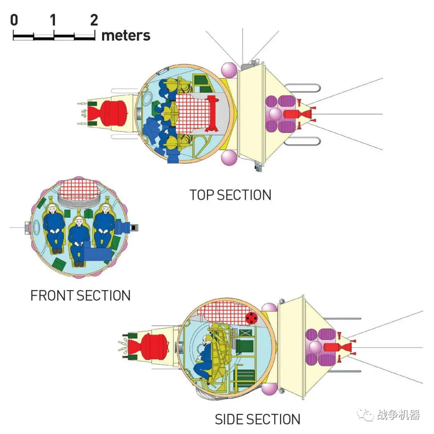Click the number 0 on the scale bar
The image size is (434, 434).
(x=14, y=20)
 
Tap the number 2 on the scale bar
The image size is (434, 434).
(x=94, y=20)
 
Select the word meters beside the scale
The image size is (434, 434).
(x=126, y=35)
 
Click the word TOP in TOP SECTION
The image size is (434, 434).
(x=202, y=195)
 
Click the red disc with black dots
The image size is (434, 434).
(x=252, y=318)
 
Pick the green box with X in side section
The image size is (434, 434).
(x=247, y=333)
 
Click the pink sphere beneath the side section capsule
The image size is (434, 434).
(x=268, y=389)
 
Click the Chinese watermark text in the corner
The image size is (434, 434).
(x=399, y=415)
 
